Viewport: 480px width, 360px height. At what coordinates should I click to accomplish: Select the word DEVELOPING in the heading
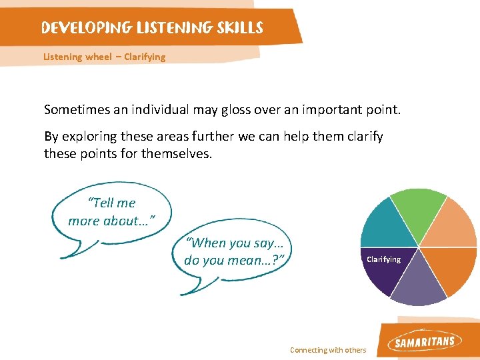[x=86, y=28]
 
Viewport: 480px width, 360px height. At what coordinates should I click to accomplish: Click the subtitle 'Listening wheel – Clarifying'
[x=104, y=57]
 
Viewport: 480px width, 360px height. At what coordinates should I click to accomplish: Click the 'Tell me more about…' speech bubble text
[x=111, y=212]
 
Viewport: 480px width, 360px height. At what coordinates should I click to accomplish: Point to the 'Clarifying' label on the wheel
[x=383, y=259]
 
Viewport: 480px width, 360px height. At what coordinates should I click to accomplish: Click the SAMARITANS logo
[x=425, y=342]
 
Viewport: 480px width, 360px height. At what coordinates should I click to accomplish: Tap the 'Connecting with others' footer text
[x=328, y=350]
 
